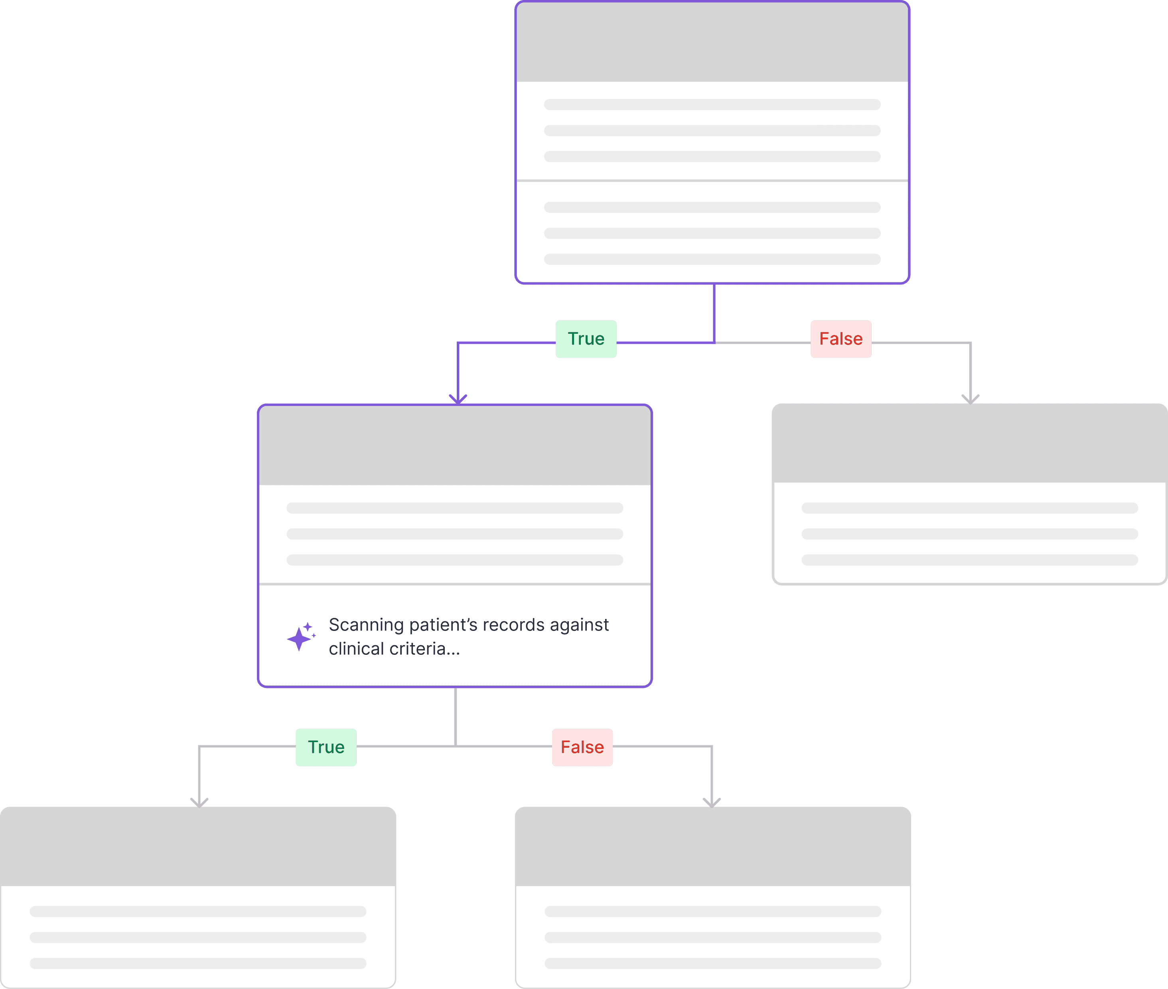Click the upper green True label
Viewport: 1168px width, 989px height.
(586, 339)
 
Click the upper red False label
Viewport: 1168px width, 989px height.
(840, 339)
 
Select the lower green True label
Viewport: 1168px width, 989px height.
(326, 747)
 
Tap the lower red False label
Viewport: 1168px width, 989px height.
(582, 747)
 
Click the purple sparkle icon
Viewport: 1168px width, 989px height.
(300, 636)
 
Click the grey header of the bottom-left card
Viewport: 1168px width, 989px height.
(198, 847)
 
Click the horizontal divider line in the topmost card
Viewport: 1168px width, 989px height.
(712, 181)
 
